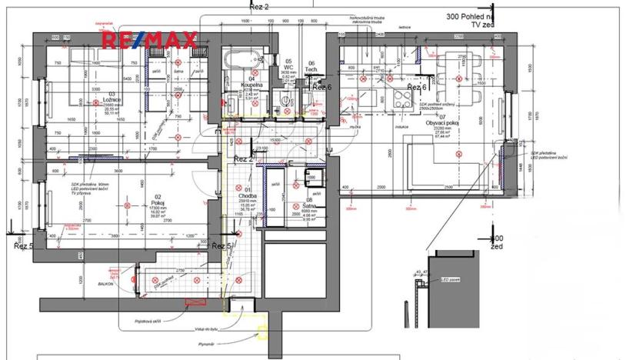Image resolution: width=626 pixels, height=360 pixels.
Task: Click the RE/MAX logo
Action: (151, 38)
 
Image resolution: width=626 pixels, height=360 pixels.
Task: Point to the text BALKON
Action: (105, 284)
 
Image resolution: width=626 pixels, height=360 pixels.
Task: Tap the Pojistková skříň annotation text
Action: (147, 321)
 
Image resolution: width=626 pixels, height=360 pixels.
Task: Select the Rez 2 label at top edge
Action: (259, 5)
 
